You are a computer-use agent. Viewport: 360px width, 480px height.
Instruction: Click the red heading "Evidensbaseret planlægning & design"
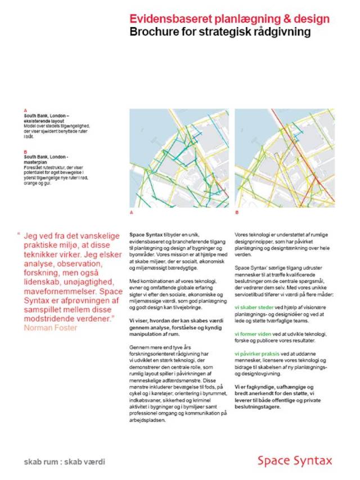click(x=229, y=20)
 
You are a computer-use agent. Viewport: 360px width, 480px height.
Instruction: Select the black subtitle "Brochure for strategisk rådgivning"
click(x=220, y=32)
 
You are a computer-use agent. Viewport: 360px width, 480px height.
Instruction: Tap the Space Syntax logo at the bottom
click(x=295, y=460)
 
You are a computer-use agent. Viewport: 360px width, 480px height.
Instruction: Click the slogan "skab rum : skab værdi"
click(x=65, y=461)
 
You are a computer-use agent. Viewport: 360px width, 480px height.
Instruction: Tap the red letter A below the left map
click(x=131, y=213)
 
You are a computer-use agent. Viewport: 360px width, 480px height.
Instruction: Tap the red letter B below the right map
click(x=237, y=213)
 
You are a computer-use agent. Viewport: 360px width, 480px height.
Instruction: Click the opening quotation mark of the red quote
click(x=19, y=235)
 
